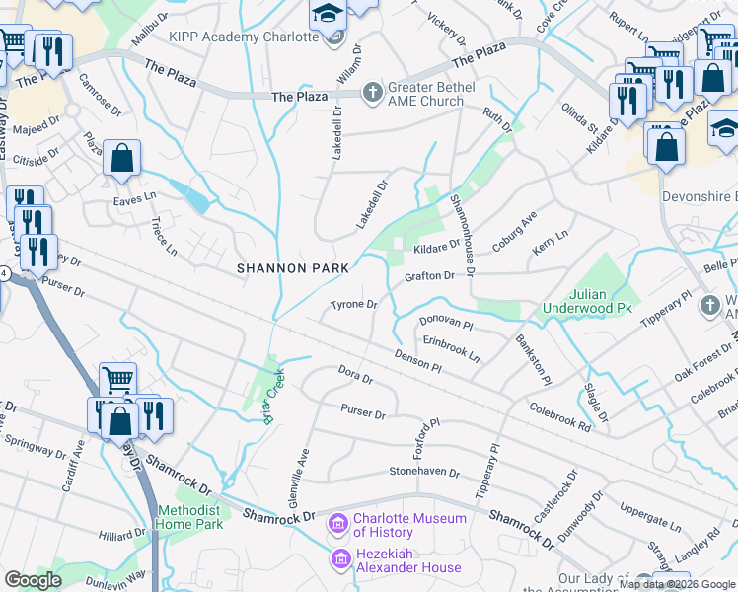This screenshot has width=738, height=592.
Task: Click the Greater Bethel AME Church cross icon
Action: tap(373, 93)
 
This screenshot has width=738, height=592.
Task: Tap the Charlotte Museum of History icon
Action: tap(338, 522)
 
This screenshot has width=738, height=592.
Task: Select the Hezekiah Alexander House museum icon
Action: tap(338, 560)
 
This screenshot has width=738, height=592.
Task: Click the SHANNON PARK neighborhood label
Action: tap(293, 268)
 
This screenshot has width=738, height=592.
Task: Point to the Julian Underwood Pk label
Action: tap(586, 301)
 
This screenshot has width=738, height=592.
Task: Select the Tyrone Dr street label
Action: tap(354, 305)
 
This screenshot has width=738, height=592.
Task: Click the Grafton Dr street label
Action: tap(429, 277)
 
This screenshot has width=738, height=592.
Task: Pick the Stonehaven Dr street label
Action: tap(424, 472)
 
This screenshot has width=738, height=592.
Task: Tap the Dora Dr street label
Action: tap(355, 377)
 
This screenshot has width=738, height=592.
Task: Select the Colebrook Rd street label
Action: tap(559, 414)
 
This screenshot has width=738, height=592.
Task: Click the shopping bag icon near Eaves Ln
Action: tap(121, 159)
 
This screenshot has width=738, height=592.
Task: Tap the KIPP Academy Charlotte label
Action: tap(244, 37)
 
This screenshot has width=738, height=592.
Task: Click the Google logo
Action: tap(33, 580)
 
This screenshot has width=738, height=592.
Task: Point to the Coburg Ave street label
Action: tap(514, 230)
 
